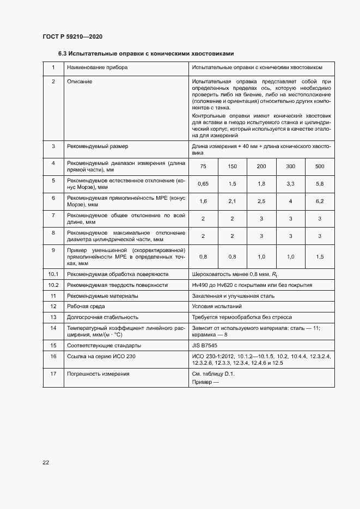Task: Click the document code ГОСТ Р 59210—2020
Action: [72, 36]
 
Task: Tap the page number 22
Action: [46, 462]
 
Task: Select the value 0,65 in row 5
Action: [203, 184]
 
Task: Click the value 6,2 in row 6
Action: [320, 201]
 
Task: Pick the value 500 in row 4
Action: [320, 166]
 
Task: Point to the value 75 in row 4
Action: [203, 166]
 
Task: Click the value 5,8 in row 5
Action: [320, 184]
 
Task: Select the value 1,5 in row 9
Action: [320, 256]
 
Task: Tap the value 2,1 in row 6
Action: [232, 201]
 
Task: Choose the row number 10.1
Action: [53, 274]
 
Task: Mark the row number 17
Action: [53, 374]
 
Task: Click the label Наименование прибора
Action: [97, 68]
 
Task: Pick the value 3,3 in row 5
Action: [290, 184]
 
